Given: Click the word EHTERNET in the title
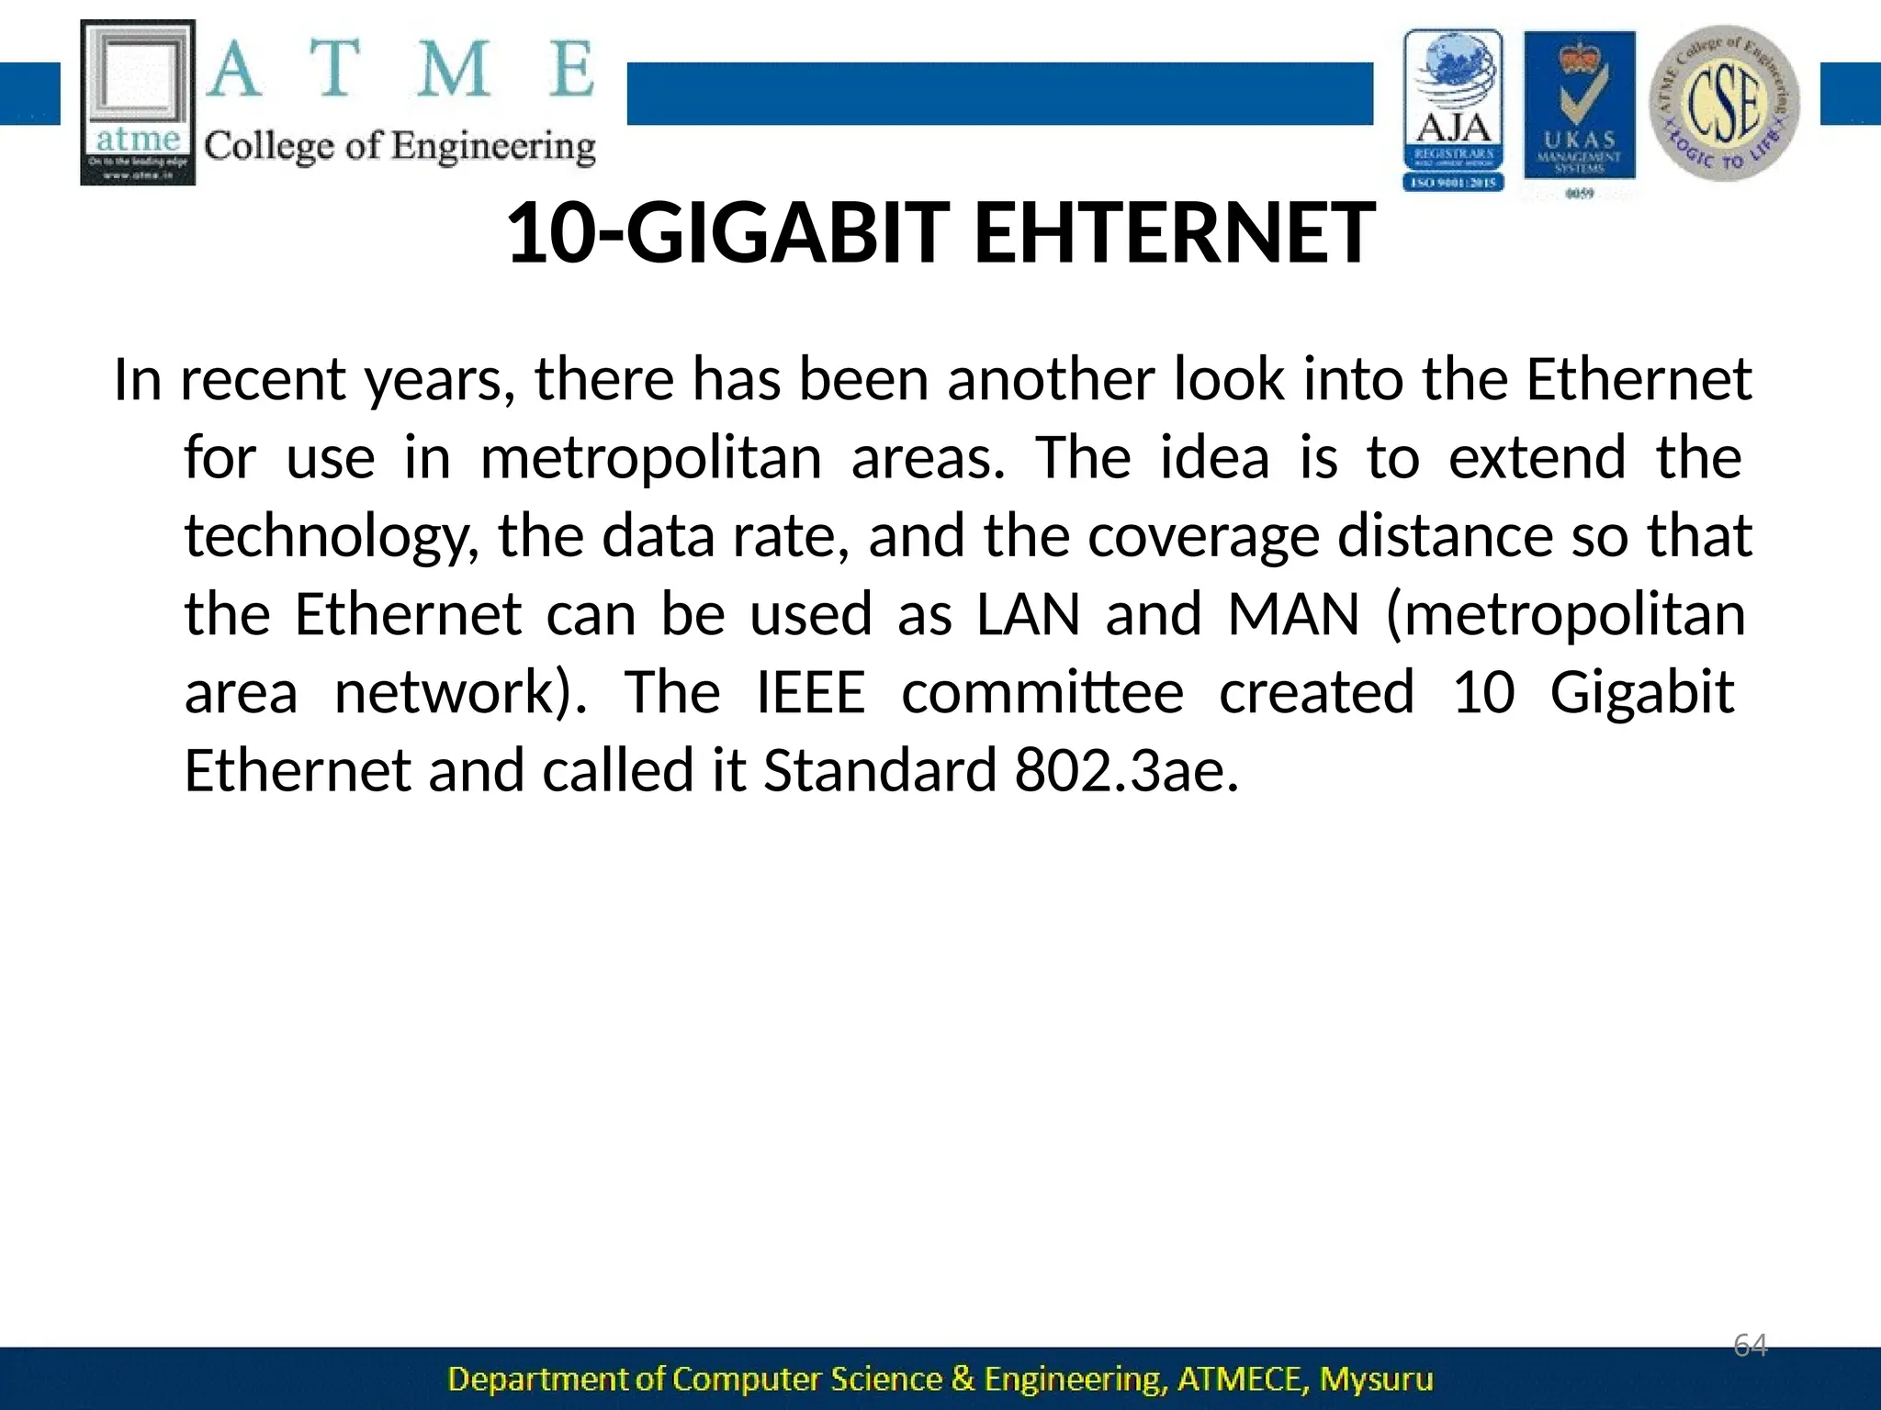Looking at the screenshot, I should pyautogui.click(x=1174, y=233).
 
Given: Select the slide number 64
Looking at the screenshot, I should pyautogui.click(x=1750, y=1346).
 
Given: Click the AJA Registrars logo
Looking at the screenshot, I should pyautogui.click(x=1453, y=110).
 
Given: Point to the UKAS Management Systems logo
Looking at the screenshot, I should pyautogui.click(x=1580, y=112).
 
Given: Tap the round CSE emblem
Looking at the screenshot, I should pyautogui.click(x=1724, y=103).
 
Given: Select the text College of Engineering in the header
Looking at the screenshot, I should pyautogui.click(x=400, y=147).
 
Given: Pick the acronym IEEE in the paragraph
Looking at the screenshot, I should pyautogui.click(x=811, y=692).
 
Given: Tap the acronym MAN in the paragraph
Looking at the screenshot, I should pyautogui.click(x=1293, y=614).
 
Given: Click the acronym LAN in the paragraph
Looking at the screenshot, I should pyautogui.click(x=1028, y=614).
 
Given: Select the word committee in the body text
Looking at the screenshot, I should pyautogui.click(x=1042, y=692).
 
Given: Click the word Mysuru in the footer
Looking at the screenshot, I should pyautogui.click(x=1376, y=1379).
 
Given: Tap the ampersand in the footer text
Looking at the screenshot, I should pyautogui.click(x=963, y=1379).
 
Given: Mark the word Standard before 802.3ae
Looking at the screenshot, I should pyautogui.click(x=880, y=770).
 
